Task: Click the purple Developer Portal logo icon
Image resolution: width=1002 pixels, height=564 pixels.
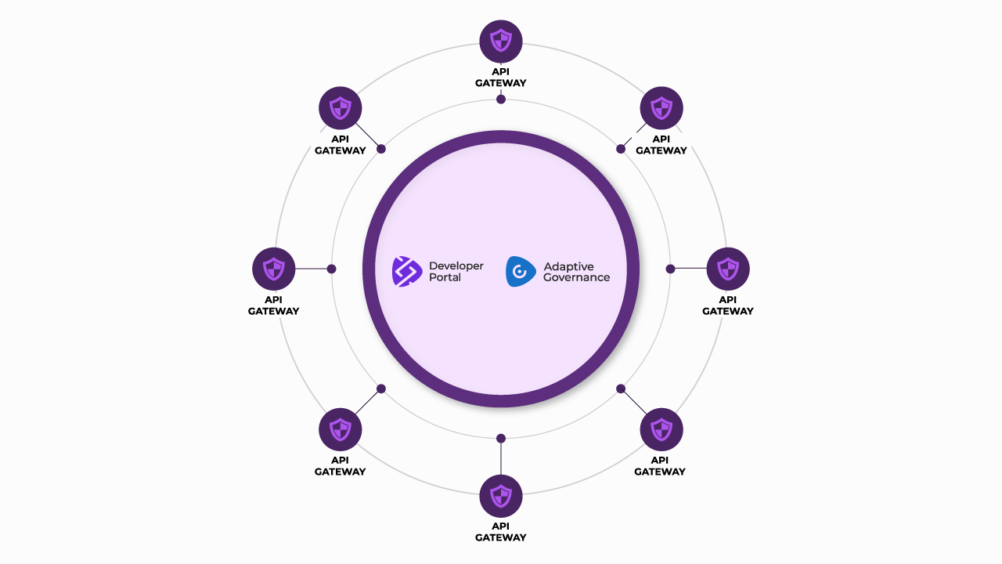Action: tap(407, 271)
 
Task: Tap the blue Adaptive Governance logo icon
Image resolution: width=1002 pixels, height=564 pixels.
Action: tap(521, 271)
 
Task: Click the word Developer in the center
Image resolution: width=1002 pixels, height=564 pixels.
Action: tap(456, 266)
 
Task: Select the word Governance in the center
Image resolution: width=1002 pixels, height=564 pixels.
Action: tap(576, 277)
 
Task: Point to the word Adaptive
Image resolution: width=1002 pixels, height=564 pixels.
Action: tap(569, 266)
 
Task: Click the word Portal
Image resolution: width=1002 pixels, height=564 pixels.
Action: tap(445, 277)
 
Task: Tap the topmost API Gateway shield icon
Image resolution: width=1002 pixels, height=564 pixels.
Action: tap(501, 42)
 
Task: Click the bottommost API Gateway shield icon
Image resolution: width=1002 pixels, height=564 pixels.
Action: tap(501, 496)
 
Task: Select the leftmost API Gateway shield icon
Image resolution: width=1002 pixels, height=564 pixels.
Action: tap(274, 269)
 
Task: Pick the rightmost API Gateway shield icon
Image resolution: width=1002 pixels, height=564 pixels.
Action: tap(728, 269)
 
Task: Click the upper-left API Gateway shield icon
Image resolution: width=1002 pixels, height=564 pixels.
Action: tap(341, 108)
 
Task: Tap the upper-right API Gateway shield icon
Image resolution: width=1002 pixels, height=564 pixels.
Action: tap(661, 108)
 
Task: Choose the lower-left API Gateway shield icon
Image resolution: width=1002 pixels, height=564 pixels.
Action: tap(341, 429)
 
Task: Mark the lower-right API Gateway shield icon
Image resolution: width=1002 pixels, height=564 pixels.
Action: tap(661, 429)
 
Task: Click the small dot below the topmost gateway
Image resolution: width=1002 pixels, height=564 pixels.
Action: tap(501, 99)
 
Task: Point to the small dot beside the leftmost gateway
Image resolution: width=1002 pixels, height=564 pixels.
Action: tap(331, 269)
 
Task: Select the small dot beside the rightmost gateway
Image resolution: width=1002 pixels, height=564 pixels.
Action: tap(670, 269)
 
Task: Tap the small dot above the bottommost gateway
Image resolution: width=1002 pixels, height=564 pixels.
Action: tap(501, 438)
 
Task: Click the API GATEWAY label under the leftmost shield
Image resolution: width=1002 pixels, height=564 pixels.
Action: tap(274, 305)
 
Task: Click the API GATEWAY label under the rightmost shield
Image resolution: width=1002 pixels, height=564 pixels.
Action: tap(728, 305)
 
